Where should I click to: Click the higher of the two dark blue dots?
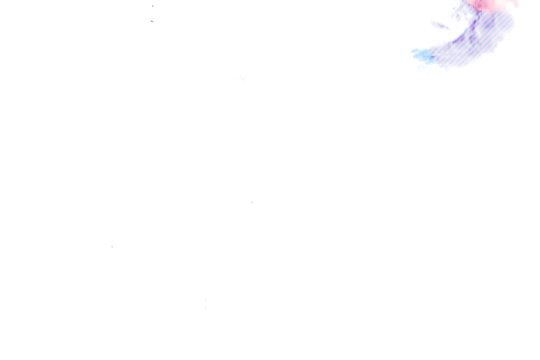pos(153,6)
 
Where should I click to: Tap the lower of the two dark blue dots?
pos(152,21)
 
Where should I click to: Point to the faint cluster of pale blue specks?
pos(243,79)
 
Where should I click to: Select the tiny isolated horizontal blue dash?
pos(252,202)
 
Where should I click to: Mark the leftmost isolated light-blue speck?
pos(112,247)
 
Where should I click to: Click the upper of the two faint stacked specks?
pos(205,300)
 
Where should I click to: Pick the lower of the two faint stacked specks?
pos(205,308)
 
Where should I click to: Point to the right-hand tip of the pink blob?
pos(517,5)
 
